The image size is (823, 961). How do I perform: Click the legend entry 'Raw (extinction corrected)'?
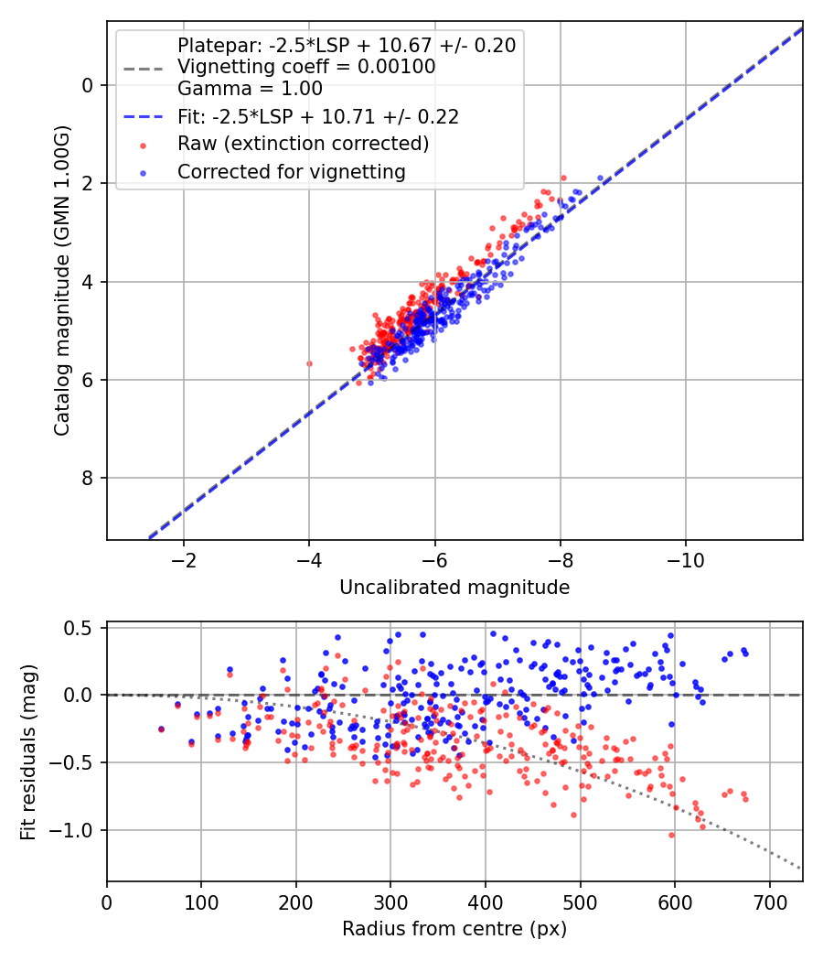303,144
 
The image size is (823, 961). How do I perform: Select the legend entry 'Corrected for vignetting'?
291,171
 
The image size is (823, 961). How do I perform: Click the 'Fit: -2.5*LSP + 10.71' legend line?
318,116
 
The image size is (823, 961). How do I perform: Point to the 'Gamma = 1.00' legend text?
250,89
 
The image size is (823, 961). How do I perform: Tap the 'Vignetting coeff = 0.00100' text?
306,67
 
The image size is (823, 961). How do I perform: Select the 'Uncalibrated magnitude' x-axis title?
454,588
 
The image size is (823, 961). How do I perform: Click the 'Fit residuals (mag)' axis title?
28,752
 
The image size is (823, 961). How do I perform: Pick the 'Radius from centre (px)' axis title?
454,929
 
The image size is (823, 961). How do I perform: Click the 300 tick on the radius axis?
390,902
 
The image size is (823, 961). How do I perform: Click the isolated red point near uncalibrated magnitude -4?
309,363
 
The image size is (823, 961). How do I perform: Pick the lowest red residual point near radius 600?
671,835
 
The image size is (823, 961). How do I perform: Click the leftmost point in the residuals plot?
162,729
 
